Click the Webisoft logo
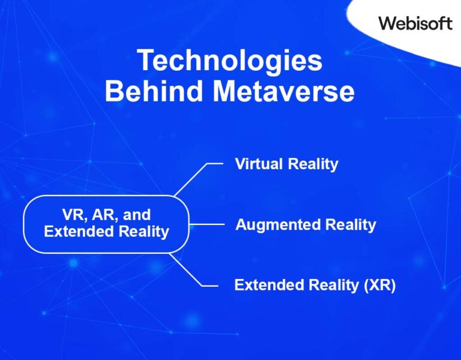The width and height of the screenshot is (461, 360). tap(415, 23)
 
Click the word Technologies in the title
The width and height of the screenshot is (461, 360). tap(230, 62)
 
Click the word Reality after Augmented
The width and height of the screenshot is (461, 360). tap(351, 225)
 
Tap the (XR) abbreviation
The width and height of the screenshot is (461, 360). tap(380, 285)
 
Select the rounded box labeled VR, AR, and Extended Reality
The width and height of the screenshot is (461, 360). tap(106, 223)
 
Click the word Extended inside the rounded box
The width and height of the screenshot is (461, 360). tap(75, 232)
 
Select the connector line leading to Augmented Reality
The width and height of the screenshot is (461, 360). tap(207, 225)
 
